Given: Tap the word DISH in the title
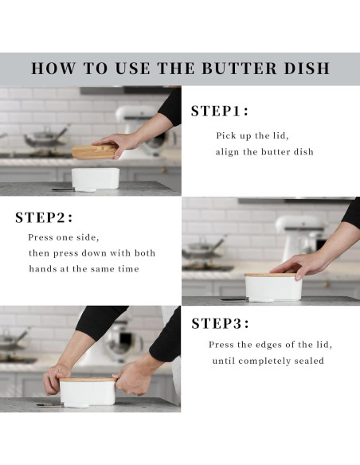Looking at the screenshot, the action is point(307,68).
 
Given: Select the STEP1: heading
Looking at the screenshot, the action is point(220,111).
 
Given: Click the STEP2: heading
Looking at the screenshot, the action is point(44,217).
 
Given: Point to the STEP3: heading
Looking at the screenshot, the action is point(221,323).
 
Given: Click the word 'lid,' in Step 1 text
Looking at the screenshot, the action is point(280,136).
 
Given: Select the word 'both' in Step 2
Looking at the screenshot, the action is point(145,253).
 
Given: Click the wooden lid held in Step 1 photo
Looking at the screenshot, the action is point(94,151).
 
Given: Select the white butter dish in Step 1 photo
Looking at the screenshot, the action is point(96,179).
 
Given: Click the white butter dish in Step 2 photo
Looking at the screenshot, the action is point(273,288).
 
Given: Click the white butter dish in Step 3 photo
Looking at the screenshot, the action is point(88,393).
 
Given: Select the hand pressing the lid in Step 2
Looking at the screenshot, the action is point(299,265).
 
